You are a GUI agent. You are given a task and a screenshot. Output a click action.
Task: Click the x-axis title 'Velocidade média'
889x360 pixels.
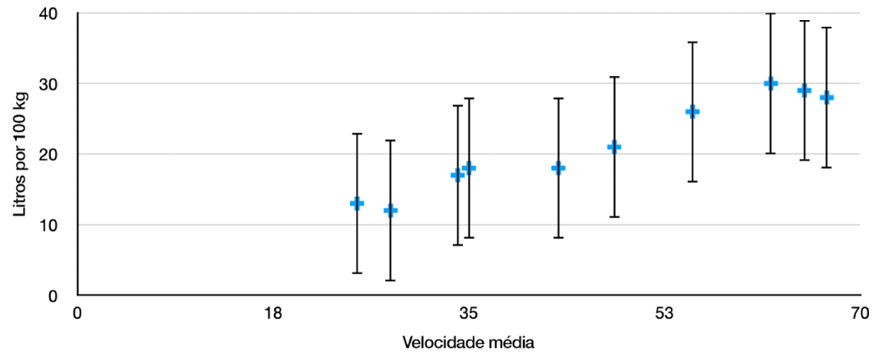click(468, 342)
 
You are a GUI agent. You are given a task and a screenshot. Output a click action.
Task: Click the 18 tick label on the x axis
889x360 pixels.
click(272, 314)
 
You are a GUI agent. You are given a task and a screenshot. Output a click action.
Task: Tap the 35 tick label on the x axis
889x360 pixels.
click(469, 314)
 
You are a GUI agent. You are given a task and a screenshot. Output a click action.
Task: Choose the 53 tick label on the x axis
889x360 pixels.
click(664, 314)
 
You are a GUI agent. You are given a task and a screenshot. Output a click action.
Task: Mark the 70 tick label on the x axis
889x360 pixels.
click(860, 314)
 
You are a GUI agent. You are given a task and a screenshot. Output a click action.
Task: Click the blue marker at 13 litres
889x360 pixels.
click(357, 203)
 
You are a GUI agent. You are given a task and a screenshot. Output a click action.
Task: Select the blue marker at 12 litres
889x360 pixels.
click(390, 210)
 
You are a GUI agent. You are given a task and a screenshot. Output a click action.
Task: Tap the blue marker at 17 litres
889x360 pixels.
click(457, 175)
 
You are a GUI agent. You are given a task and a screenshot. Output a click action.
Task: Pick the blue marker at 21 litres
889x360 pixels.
click(614, 147)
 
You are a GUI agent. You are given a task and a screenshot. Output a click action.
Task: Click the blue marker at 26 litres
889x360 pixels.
click(692, 111)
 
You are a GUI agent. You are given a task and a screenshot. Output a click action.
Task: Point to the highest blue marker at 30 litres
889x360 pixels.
click(770, 83)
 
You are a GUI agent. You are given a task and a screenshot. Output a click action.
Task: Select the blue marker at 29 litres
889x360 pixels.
click(804, 90)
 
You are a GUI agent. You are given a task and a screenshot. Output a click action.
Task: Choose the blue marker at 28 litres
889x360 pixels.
click(826, 97)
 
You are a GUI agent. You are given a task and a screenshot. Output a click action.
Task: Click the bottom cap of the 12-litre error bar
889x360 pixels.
click(390, 281)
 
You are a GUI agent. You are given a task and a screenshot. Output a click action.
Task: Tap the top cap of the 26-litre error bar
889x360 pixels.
click(692, 42)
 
